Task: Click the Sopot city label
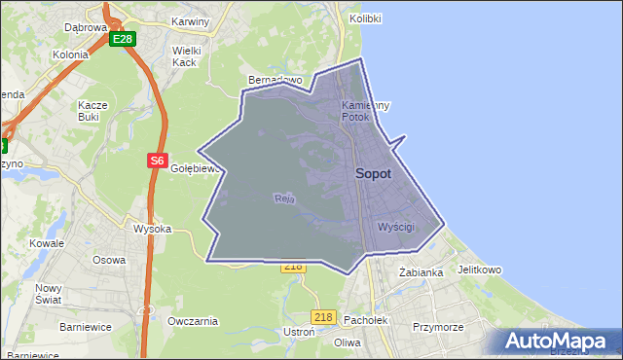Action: point(374,174)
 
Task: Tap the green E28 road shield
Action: point(122,39)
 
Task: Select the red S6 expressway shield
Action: point(158,161)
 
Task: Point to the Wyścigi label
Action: point(395,227)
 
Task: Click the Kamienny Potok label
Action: point(366,111)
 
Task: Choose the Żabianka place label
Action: point(421,272)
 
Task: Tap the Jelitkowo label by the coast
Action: point(478,270)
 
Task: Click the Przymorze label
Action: point(438,328)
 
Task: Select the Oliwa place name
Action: point(348,342)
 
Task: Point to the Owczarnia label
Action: point(191,321)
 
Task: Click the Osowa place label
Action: point(109,260)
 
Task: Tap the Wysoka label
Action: point(153,230)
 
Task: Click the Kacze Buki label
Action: point(95,110)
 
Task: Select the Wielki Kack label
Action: point(185,55)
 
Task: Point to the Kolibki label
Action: point(365,19)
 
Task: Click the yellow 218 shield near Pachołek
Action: point(324,317)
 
